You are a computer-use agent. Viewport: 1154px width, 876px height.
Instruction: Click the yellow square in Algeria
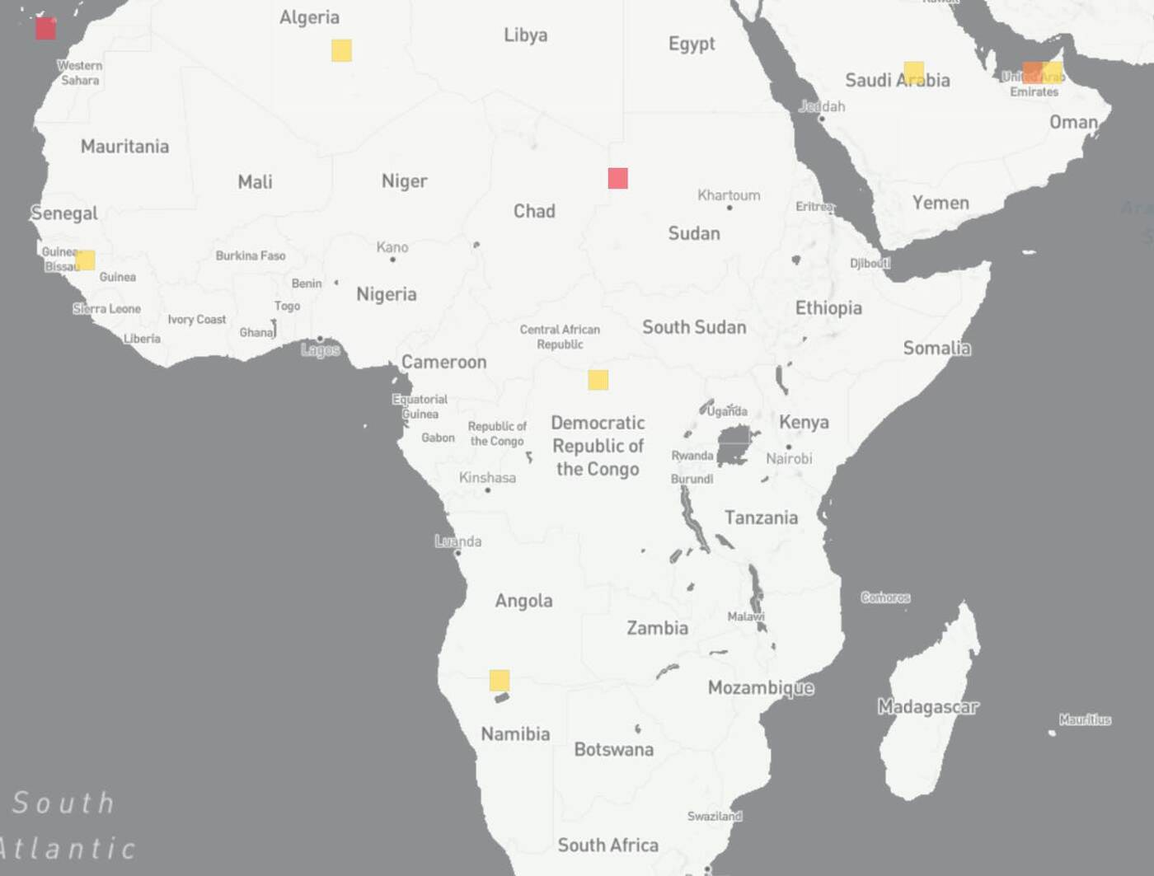click(341, 50)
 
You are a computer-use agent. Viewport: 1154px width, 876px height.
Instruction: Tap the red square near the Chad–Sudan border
click(617, 178)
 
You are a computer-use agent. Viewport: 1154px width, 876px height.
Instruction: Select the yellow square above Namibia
click(499, 680)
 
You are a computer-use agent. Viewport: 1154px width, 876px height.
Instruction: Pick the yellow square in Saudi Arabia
click(913, 72)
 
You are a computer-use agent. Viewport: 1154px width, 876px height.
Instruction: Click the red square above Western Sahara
click(45, 29)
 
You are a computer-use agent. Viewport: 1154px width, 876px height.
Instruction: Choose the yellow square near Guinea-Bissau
click(85, 260)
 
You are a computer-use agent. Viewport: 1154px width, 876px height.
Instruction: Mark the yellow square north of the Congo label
click(598, 380)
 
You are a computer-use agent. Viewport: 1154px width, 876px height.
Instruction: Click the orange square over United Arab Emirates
click(1032, 72)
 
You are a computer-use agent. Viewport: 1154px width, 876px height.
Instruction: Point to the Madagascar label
click(927, 706)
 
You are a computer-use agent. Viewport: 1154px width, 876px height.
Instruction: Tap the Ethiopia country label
click(828, 308)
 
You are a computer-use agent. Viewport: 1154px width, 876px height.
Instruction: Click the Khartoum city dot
click(729, 208)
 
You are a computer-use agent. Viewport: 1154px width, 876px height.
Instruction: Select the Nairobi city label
click(789, 458)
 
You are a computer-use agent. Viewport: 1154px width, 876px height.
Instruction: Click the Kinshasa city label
click(487, 477)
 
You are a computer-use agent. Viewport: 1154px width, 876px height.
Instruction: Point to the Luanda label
click(458, 541)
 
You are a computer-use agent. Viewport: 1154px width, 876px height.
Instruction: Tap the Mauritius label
click(1085, 719)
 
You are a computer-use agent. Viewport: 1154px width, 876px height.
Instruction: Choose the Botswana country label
click(613, 749)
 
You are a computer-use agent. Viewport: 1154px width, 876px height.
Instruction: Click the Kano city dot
click(392, 260)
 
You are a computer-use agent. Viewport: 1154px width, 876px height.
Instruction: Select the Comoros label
click(885, 597)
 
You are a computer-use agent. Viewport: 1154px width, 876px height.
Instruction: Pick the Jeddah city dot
click(821, 119)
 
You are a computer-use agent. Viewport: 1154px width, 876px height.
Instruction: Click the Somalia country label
click(936, 348)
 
